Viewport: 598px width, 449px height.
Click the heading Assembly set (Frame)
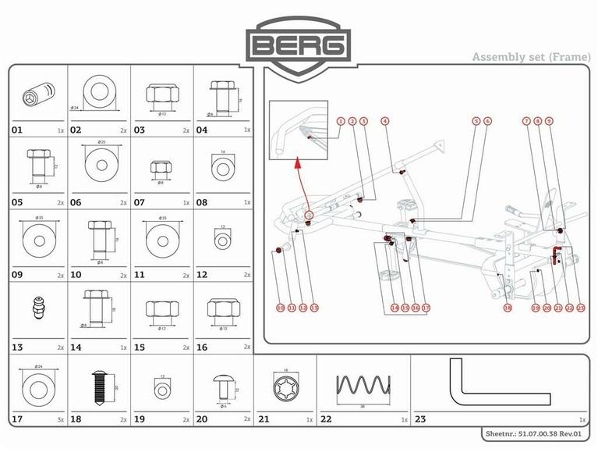pyautogui.click(x=529, y=57)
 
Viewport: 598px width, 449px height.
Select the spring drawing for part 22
pyautogui.click(x=363, y=386)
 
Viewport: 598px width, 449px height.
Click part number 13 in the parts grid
pyautogui.click(x=17, y=347)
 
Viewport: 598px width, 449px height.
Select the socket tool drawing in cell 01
pyautogui.click(x=36, y=97)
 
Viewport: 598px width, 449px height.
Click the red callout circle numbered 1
pyautogui.click(x=341, y=121)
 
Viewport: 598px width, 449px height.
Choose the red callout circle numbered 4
pyautogui.click(x=385, y=121)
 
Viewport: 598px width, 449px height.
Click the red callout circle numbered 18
pyautogui.click(x=507, y=308)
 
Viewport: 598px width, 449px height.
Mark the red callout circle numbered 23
pyautogui.click(x=581, y=308)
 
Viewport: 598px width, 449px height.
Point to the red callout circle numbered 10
pyautogui.click(x=280, y=308)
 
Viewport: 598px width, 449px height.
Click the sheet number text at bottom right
pyautogui.click(x=535, y=432)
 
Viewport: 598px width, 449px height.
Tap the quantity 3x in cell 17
pyautogui.click(x=61, y=419)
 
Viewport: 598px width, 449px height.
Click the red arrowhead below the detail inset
pyautogui.click(x=297, y=164)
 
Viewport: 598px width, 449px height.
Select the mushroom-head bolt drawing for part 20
pyautogui.click(x=223, y=384)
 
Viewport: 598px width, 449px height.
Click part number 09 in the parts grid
pyautogui.click(x=17, y=275)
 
